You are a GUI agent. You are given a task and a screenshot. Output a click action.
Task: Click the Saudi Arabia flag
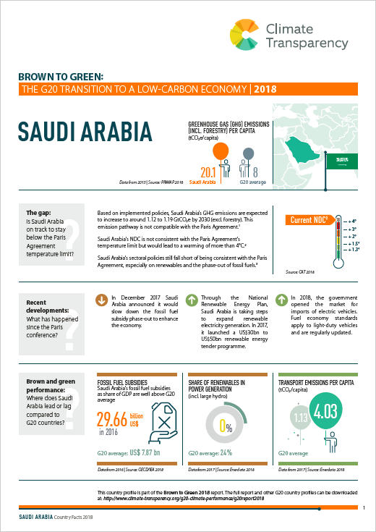343,163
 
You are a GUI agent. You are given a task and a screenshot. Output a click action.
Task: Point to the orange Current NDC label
309,220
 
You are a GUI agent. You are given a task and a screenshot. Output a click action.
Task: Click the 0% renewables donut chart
224,423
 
